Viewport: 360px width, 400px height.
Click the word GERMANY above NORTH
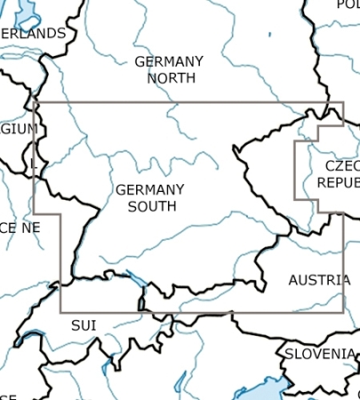click(x=169, y=62)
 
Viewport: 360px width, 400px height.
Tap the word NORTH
click(x=169, y=78)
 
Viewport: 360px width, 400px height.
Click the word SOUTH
click(x=151, y=206)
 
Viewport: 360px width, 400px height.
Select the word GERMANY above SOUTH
click(x=149, y=190)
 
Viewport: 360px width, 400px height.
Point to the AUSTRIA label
click(x=319, y=280)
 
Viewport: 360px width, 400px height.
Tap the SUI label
click(x=84, y=325)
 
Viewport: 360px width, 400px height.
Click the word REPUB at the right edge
click(x=338, y=182)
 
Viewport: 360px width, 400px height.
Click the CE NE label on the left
click(x=20, y=228)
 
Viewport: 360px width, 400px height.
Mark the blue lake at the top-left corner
click(x=27, y=11)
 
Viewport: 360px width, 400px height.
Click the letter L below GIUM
click(x=34, y=164)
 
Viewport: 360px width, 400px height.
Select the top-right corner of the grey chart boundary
click(x=342, y=103)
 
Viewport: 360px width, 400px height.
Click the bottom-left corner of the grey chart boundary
click(x=60, y=312)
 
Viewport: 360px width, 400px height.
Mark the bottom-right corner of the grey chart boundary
click(x=342, y=312)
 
